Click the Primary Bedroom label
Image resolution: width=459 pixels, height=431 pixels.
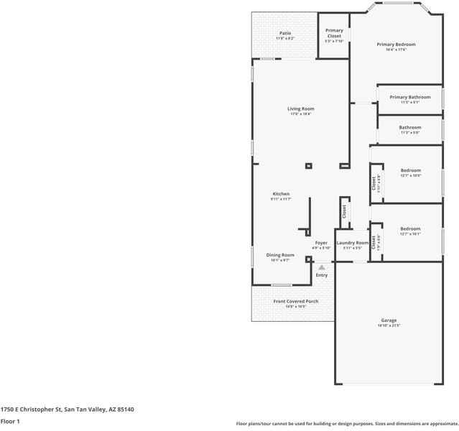pyautogui.click(x=396, y=45)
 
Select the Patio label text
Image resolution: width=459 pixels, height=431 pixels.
pyautogui.click(x=285, y=33)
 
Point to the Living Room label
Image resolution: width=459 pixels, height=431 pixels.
pyautogui.click(x=302, y=109)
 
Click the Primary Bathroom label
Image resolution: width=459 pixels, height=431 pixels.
pyautogui.click(x=410, y=97)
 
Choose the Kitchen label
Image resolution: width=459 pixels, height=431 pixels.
pyautogui.click(x=281, y=194)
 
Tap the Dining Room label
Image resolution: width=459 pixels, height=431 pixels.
pyautogui.click(x=280, y=255)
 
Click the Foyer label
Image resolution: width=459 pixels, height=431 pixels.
pyautogui.click(x=321, y=243)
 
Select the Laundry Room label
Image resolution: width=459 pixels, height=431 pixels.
pyautogui.click(x=352, y=243)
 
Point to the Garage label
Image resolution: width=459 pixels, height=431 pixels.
pyautogui.click(x=389, y=320)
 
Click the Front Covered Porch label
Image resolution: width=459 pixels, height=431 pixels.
pyautogui.click(x=296, y=301)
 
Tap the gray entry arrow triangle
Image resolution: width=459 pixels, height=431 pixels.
pyautogui.click(x=322, y=267)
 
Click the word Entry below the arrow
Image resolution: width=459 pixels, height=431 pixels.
pyautogui.click(x=322, y=275)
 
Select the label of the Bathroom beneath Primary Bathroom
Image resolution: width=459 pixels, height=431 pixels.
pyautogui.click(x=410, y=127)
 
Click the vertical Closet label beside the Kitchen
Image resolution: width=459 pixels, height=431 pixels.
pyautogui.click(x=344, y=211)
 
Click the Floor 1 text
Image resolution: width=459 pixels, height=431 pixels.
pyautogui.click(x=10, y=421)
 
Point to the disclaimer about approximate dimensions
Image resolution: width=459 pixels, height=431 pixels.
pyautogui.click(x=346, y=423)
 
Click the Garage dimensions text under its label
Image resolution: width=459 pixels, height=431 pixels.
pyautogui.click(x=389, y=325)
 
